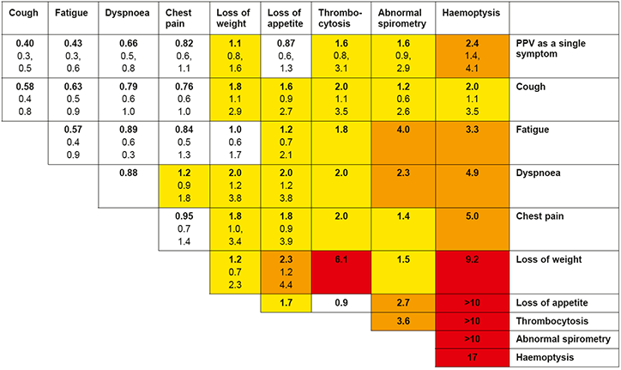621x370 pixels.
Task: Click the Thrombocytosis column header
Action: point(340,18)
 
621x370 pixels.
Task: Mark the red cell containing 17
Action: point(472,355)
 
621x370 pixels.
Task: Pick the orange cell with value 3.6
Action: point(403,320)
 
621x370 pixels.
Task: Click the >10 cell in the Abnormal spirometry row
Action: point(472,338)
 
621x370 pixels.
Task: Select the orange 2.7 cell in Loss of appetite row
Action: point(403,302)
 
